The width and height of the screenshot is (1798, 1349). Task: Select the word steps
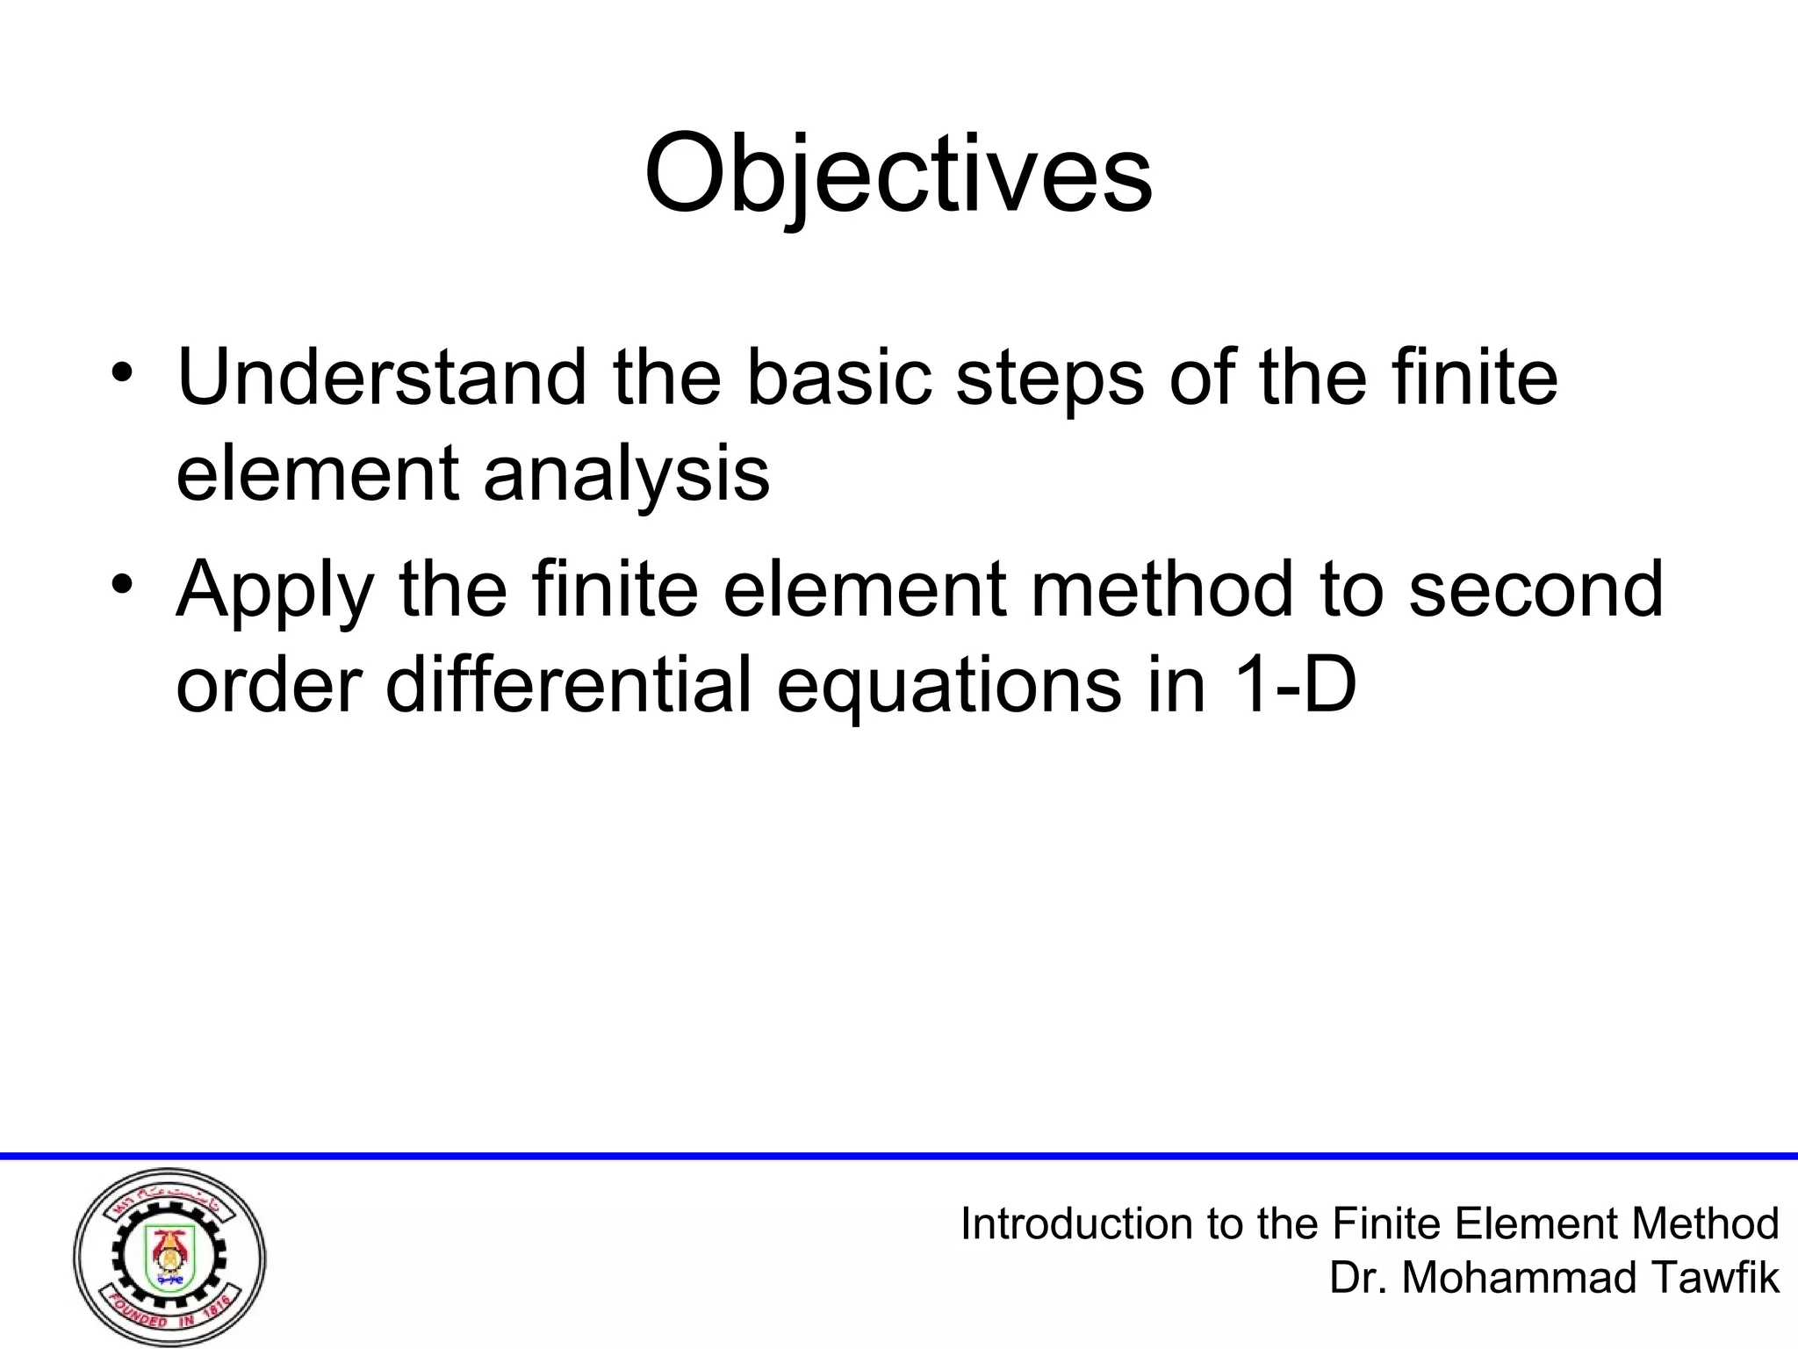[x=1049, y=379]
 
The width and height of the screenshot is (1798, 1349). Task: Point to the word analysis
[x=626, y=475]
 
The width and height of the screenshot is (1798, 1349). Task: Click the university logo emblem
[x=169, y=1256]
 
